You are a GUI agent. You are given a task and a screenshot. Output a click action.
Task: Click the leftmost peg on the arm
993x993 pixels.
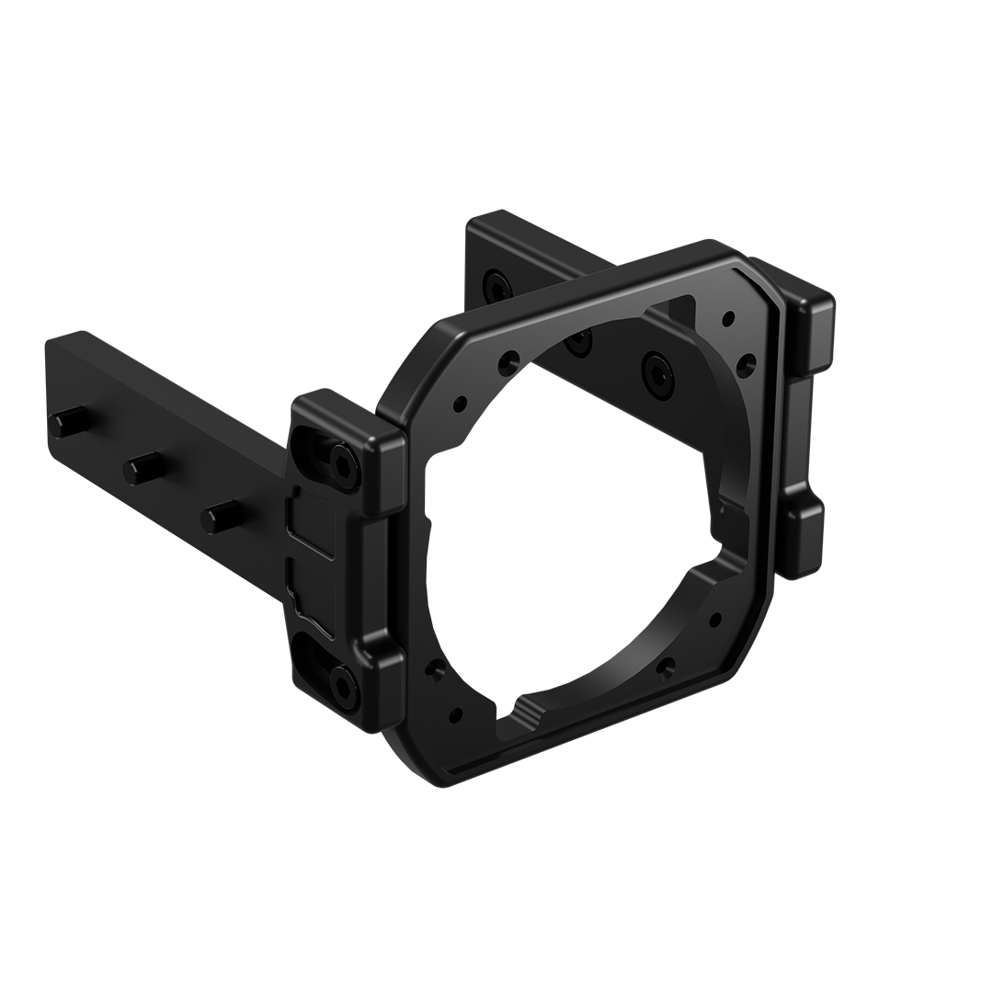62,425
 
